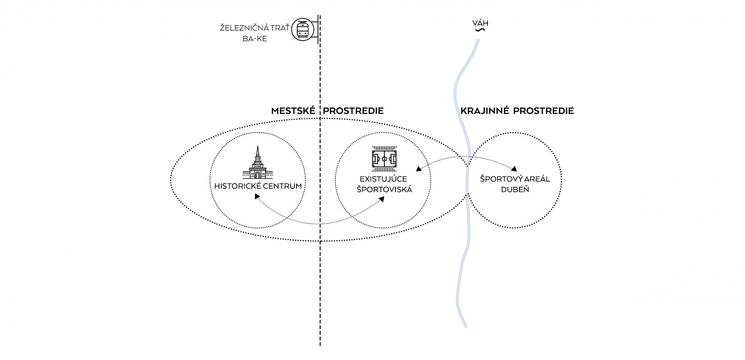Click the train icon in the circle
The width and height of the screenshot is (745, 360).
[303, 29]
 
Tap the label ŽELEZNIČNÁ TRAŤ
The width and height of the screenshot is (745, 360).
[255, 28]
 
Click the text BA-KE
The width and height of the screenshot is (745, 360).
[255, 39]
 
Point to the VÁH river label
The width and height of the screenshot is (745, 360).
[480, 23]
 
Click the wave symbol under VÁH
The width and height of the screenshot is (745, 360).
[480, 29]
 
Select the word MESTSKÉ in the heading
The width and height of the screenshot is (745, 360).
[293, 111]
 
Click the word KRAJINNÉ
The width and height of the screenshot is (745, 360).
[484, 111]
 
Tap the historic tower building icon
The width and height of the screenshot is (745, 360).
[258, 164]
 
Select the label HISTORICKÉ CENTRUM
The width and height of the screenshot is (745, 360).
[258, 186]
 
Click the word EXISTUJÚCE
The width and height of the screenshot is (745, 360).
[383, 179]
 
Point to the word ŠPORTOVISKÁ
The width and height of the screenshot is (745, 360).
[384, 190]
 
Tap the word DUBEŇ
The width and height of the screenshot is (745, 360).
[515, 190]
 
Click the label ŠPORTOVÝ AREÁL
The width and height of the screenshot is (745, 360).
[515, 179]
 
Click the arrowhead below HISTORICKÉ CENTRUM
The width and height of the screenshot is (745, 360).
[257, 196]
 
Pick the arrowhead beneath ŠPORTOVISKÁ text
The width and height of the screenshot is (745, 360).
[382, 199]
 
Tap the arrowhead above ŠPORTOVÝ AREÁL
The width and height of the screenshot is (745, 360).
[514, 169]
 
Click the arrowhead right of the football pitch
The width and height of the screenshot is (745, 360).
[418, 169]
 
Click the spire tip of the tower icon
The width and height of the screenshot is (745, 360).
[258, 147]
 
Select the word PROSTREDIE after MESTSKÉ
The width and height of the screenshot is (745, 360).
[353, 111]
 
